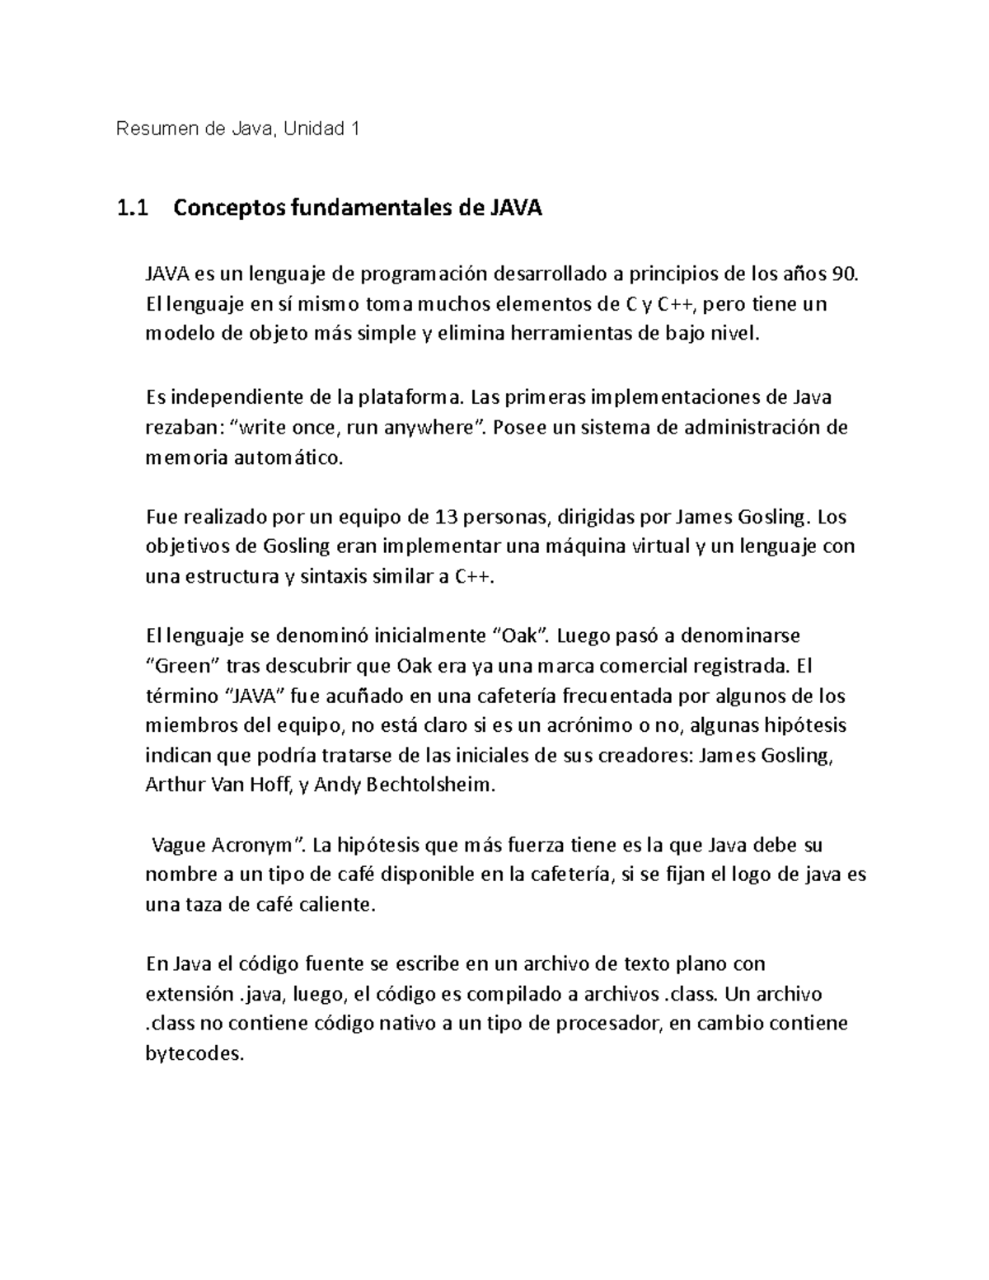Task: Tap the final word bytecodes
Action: [x=195, y=1053]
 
